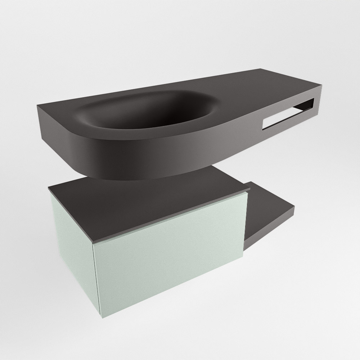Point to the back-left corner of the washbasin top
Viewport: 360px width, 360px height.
tap(38, 105)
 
